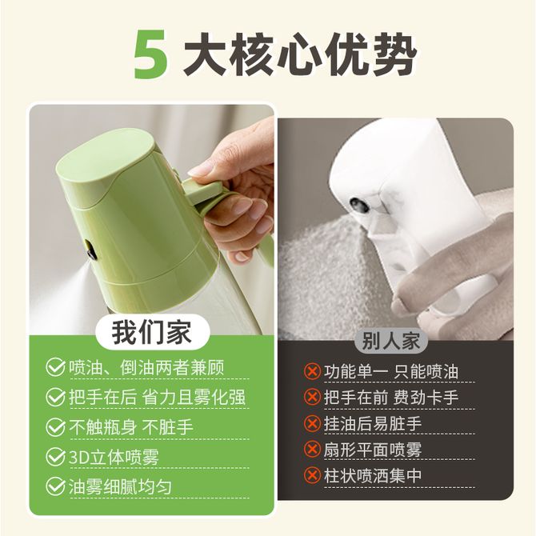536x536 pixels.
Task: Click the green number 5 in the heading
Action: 150,54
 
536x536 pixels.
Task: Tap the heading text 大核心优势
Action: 300,54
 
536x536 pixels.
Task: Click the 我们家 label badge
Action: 152,332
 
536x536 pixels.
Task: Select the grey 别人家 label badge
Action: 391,341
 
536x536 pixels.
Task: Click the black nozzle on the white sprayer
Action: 359,205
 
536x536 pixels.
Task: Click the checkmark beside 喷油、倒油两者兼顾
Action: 55,367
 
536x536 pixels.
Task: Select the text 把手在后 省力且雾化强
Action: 158,398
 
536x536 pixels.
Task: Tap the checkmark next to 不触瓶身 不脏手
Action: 55,427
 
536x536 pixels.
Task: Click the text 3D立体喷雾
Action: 114,457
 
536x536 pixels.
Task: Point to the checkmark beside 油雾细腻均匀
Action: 55,486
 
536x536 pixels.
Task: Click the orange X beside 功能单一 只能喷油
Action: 312,371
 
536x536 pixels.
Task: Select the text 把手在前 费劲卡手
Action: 391,398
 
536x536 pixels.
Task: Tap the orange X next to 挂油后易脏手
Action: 312,423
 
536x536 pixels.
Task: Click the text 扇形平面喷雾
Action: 373,450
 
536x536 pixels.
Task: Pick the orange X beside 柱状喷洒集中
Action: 312,475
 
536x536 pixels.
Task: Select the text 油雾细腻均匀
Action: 120,486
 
